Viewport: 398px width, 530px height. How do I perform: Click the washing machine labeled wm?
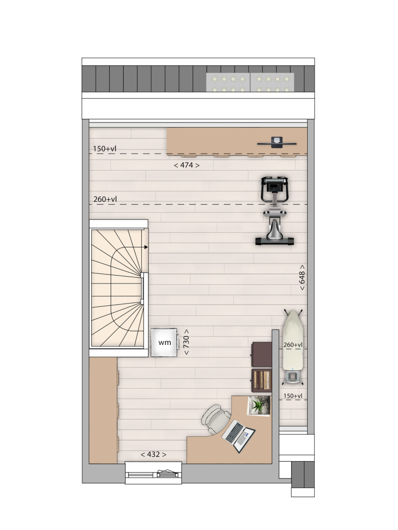click(x=165, y=342)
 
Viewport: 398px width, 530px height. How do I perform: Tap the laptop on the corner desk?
click(x=239, y=436)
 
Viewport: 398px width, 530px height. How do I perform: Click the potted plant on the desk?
click(x=259, y=405)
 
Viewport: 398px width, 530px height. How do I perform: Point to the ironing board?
click(x=293, y=347)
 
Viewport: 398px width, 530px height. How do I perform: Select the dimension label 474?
click(x=186, y=165)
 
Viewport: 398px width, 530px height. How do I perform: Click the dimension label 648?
click(x=302, y=277)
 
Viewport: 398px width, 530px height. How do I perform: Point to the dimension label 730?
click(x=186, y=342)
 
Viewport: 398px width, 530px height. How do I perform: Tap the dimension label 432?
click(x=153, y=454)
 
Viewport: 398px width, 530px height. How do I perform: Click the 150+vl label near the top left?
click(x=105, y=149)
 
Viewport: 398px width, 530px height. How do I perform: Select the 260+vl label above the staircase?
click(x=105, y=199)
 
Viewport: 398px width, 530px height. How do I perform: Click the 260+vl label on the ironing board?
click(x=293, y=345)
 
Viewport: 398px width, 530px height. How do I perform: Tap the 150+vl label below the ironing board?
click(x=293, y=396)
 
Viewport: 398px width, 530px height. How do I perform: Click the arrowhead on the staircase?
click(x=146, y=247)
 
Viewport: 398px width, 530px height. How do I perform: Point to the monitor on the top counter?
click(x=277, y=142)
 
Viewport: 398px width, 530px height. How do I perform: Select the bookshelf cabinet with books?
click(x=262, y=380)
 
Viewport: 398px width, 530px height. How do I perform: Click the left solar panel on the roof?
click(x=228, y=82)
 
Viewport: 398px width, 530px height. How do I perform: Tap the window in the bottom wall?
click(x=153, y=473)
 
